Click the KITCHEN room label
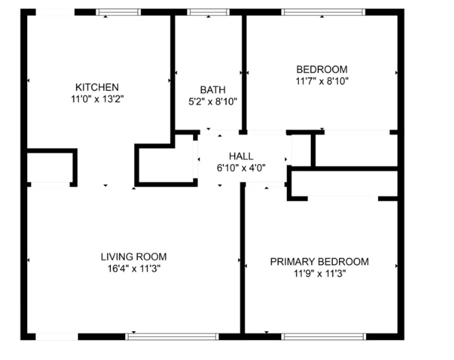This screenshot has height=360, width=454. (97, 87)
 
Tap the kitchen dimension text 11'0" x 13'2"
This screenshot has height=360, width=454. (97, 99)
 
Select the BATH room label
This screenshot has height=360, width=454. (213, 90)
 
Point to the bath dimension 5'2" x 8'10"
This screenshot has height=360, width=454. (213, 101)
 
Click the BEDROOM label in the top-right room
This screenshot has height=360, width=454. (322, 70)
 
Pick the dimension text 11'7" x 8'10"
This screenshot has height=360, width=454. (322, 81)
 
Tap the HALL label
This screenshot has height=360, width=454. (241, 156)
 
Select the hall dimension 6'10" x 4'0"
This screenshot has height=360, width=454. (241, 168)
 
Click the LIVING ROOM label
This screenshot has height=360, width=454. (134, 257)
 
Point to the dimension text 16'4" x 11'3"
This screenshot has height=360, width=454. (134, 268)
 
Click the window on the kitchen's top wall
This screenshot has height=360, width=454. (118, 12)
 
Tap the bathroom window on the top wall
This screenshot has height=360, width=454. (208, 12)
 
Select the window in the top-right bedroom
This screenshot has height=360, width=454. (323, 12)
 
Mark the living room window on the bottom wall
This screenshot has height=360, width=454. (172, 337)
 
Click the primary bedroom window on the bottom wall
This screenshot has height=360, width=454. (324, 337)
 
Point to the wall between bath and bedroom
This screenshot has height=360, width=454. (244, 73)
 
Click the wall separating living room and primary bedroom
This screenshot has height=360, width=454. (243, 260)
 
